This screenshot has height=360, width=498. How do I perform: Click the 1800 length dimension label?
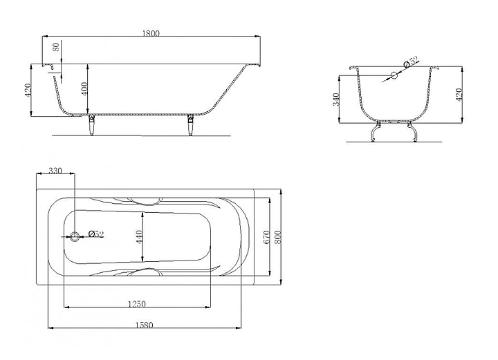tap(151, 33)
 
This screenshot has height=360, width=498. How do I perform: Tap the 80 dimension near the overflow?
tap(56, 47)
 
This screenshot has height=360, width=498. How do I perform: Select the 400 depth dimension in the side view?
tap(84, 89)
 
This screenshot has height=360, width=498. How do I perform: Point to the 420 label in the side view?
tap(27, 91)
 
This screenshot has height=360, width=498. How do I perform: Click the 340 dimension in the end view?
tap(336, 100)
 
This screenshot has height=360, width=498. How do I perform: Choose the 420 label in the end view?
tap(459, 95)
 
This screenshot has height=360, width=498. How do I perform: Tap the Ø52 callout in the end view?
tap(412, 61)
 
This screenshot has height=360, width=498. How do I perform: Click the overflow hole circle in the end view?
tap(394, 75)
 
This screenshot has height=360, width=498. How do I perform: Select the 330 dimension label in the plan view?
tap(55, 171)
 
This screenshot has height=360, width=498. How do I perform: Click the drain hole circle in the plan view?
tap(75, 236)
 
